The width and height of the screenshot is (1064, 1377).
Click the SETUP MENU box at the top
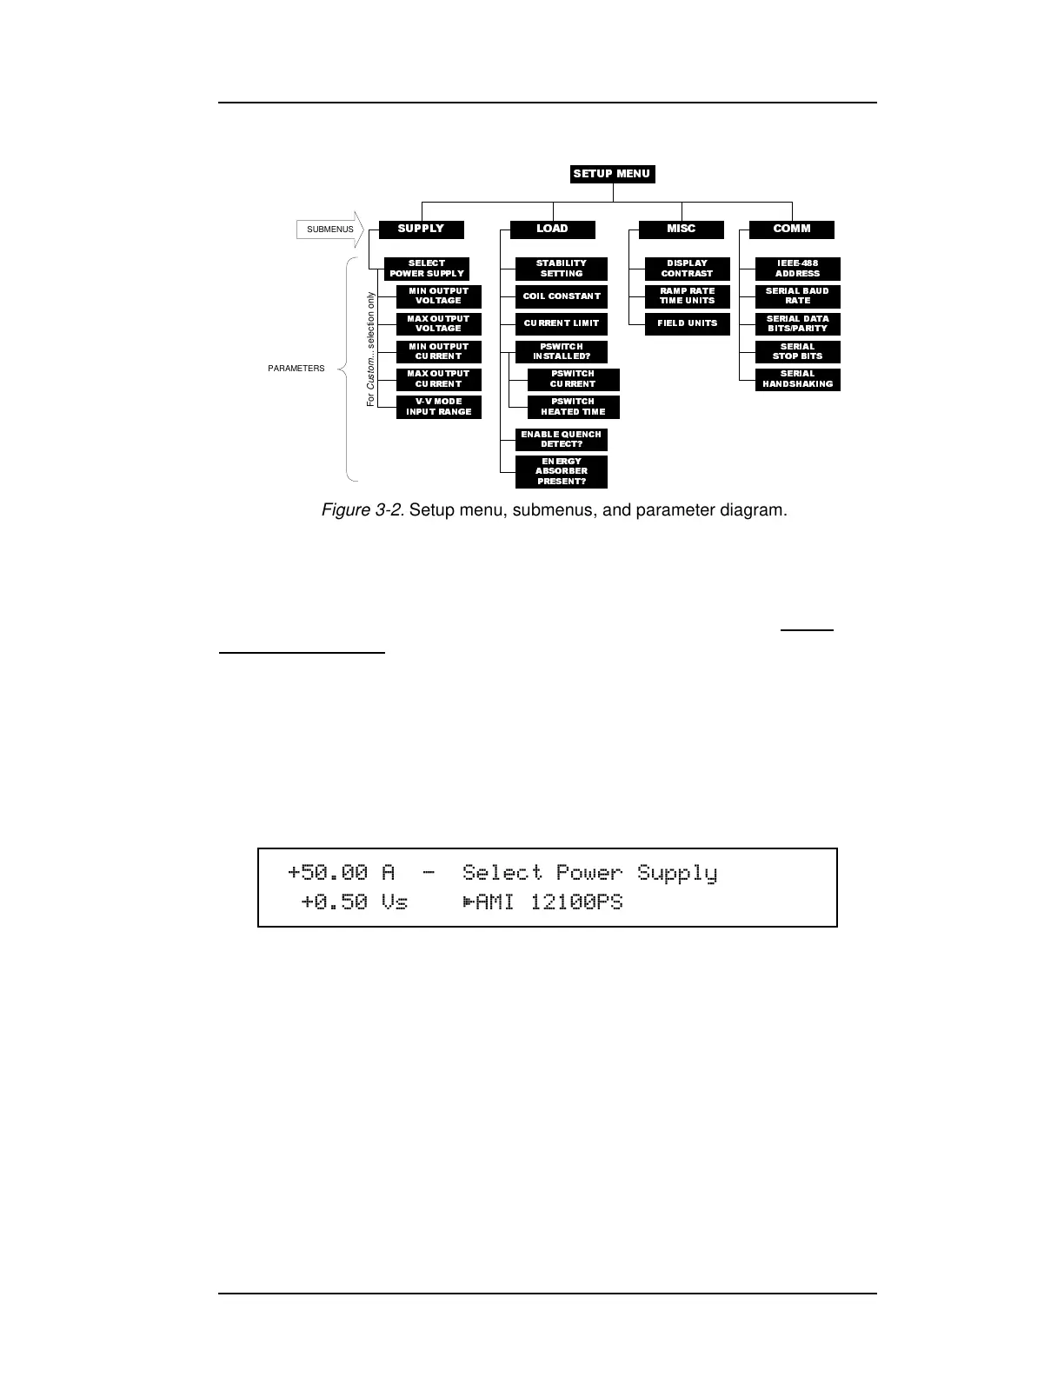coord(612,174)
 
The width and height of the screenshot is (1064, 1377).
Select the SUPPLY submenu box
coord(422,229)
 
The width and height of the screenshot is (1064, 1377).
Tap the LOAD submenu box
coord(552,229)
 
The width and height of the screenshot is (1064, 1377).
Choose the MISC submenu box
coord(681,229)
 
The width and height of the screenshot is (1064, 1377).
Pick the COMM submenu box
coord(792,229)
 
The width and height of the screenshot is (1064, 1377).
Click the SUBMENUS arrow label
coord(330,229)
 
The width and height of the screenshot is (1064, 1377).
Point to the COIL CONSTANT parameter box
coord(562,296)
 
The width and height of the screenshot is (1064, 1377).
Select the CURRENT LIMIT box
coord(562,323)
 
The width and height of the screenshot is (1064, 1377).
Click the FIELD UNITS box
coord(687,323)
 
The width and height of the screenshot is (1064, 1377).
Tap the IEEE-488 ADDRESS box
coord(797,269)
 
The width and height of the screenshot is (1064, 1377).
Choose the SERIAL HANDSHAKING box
coord(797,379)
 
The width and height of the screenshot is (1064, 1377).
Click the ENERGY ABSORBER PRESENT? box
coord(562,471)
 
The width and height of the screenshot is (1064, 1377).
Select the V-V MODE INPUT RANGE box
coord(439,407)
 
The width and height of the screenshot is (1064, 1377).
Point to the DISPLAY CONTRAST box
coord(687,269)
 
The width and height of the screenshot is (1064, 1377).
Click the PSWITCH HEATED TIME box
coord(573,407)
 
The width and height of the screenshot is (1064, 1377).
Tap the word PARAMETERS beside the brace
coord(296,369)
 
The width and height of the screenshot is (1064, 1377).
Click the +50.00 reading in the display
coord(328,872)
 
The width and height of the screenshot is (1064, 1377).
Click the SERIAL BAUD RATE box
coord(797,296)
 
